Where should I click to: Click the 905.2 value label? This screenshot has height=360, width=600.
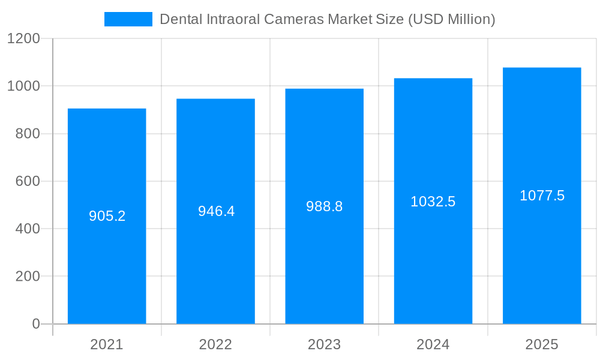(107, 216)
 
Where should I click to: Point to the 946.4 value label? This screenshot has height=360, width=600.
(216, 211)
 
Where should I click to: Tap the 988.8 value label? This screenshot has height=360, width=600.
(324, 206)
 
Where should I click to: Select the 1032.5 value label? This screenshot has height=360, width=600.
(433, 202)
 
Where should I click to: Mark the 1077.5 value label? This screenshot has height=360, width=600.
(542, 196)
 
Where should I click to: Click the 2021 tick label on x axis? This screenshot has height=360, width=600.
(107, 344)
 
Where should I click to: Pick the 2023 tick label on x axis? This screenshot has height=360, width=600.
(324, 344)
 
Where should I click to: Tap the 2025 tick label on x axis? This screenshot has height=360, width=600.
(542, 344)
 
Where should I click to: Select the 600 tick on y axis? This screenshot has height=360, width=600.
(27, 181)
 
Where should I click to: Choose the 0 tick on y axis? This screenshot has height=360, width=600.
(35, 324)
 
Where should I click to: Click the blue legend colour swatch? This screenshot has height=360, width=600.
(128, 19)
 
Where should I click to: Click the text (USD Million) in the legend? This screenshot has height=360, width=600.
(451, 19)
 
